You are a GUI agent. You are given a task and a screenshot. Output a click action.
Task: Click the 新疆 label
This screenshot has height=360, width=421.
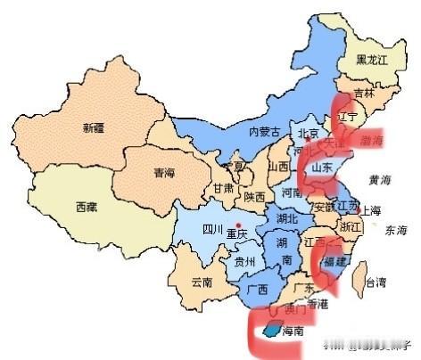(94, 127)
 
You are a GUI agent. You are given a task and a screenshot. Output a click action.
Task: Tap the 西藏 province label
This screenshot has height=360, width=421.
(87, 206)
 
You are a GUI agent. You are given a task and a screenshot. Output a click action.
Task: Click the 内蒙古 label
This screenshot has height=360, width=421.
(264, 132)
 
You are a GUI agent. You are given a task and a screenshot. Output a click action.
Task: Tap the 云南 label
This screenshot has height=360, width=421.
(202, 283)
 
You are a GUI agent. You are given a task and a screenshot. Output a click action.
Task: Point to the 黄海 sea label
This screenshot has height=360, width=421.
(381, 179)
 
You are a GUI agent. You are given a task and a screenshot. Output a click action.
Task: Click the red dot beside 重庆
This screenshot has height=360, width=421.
(238, 224)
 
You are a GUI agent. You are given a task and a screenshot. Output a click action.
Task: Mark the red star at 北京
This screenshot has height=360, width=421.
(308, 142)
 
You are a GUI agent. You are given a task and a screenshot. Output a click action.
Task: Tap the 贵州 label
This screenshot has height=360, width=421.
(244, 262)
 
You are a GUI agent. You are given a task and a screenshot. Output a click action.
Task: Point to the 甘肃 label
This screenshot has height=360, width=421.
(223, 189)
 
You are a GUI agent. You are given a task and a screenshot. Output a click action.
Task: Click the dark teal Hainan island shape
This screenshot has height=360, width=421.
(269, 331)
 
